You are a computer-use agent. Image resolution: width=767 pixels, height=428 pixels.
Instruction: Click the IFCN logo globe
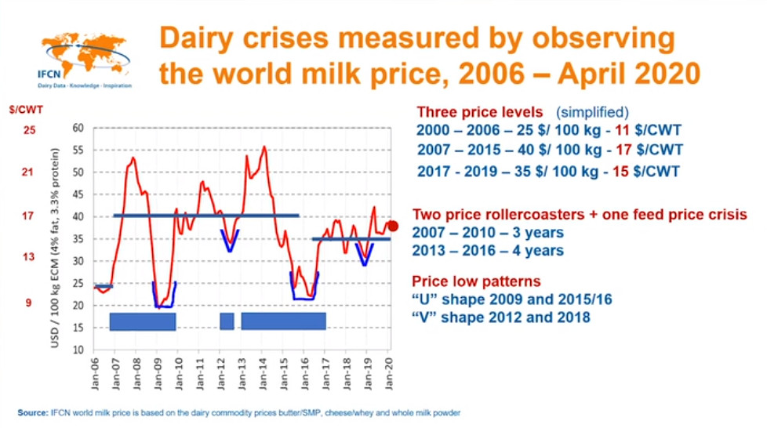85,54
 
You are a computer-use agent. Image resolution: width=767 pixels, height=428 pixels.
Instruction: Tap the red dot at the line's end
392,226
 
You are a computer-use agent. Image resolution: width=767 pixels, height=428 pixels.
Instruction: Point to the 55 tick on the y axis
78,151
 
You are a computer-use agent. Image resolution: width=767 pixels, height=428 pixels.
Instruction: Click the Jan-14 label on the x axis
262,374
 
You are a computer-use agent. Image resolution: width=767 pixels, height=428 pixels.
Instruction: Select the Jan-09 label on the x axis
158,374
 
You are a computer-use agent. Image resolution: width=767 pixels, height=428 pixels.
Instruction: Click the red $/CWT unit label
26,110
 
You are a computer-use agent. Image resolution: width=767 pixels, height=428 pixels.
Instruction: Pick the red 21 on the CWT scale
27,172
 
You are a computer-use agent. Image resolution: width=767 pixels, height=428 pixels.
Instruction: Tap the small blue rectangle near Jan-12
227,321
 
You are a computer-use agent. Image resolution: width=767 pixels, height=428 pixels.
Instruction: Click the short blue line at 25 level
104,286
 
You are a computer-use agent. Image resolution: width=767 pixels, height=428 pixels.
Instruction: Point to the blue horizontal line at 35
351,239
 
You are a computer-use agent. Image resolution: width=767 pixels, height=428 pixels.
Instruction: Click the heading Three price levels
479,112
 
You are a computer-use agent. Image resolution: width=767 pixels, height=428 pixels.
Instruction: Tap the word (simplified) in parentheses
592,113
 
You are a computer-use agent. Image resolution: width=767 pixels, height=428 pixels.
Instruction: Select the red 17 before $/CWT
623,150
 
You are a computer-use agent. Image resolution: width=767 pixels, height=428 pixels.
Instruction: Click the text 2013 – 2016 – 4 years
488,250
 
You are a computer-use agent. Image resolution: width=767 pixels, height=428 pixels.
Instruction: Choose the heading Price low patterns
476,281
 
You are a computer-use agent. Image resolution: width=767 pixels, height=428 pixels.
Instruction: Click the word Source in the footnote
33,413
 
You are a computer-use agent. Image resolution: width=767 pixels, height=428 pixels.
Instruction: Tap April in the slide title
591,74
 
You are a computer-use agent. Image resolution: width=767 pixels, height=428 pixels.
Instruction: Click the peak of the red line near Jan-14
264,147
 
